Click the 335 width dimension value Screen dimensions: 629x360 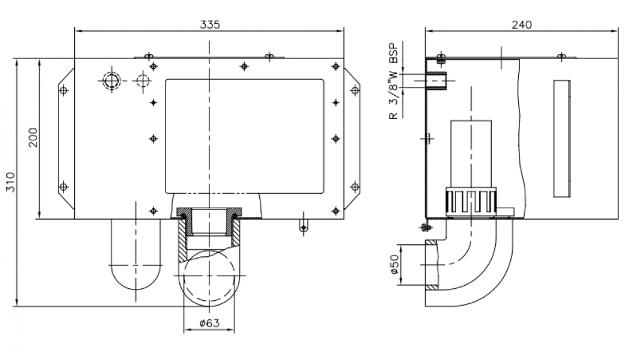pyautogui.click(x=210, y=25)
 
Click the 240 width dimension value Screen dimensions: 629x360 pyautogui.click(x=521, y=25)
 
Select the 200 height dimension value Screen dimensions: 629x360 pyautogui.click(x=33, y=137)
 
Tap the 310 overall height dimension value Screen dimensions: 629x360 pyautogui.click(x=11, y=182)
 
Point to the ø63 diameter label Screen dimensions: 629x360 pyautogui.click(x=209, y=323)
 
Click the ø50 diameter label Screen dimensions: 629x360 pyautogui.click(x=394, y=264)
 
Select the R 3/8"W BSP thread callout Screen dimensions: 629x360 pyautogui.click(x=394, y=81)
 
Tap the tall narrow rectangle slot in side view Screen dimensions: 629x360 pyautogui.click(x=562, y=138)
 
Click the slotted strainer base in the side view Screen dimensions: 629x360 pyautogui.click(x=471, y=202)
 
